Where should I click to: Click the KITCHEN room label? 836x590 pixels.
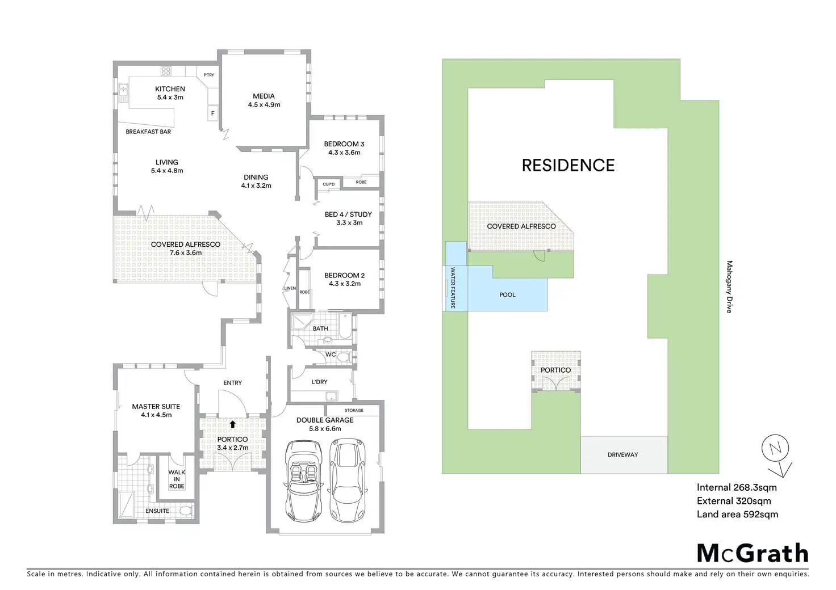tap(170, 89)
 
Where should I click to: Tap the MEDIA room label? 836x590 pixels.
tap(264, 96)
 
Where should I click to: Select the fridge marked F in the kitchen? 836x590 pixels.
tap(213, 113)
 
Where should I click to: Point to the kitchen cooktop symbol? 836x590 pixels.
tap(166, 71)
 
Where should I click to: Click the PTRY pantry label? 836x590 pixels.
tap(209, 75)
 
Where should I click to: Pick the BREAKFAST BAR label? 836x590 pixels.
tap(148, 132)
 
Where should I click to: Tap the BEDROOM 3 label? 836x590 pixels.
tap(344, 144)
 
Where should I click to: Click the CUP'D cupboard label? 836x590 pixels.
tap(329, 184)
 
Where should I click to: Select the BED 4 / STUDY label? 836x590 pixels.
tap(348, 214)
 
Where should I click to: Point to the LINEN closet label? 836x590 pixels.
tap(290, 288)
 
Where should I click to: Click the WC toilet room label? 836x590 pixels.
tap(331, 355)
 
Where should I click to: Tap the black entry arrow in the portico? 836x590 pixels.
tap(232, 424)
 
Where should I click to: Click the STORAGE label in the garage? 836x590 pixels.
tap(354, 410)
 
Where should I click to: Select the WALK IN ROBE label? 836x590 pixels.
tap(177, 479)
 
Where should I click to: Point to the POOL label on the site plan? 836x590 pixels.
tap(507, 295)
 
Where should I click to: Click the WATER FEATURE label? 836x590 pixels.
tap(453, 288)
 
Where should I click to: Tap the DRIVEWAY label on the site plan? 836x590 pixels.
tap(622, 455)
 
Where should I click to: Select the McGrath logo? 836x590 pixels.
tap(752, 553)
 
